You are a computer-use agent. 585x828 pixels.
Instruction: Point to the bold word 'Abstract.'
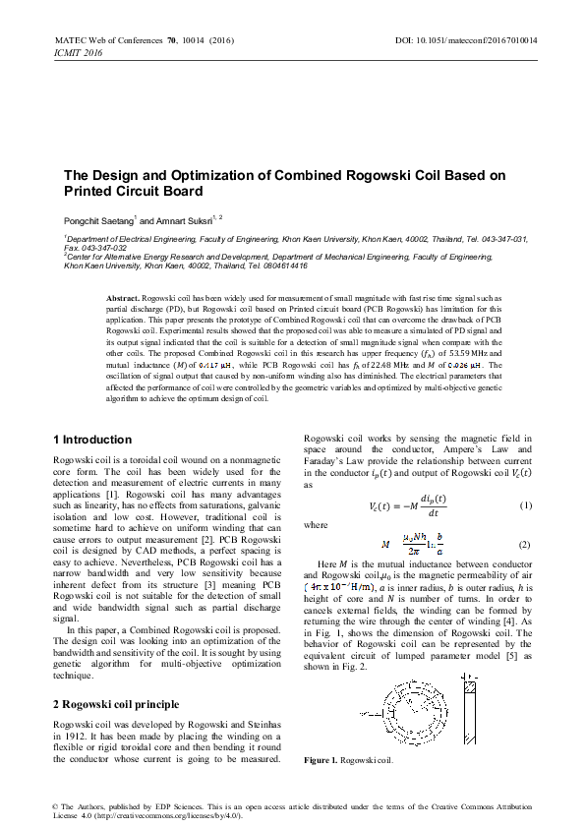(x=124, y=296)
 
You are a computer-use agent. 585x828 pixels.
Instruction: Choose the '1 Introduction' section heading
(x=91, y=439)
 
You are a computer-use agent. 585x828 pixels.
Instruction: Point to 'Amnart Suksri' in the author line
(x=188, y=222)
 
